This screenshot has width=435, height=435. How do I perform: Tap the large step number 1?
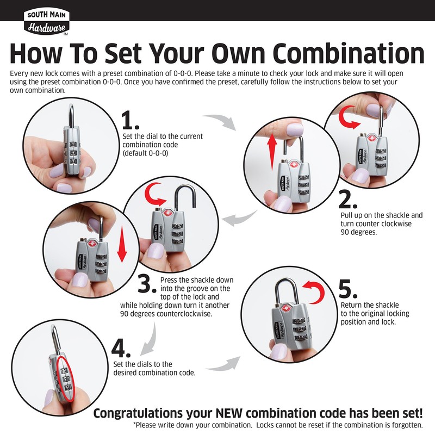(130, 120)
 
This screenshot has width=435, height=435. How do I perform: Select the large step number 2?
(347, 200)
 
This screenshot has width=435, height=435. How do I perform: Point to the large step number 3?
(147, 284)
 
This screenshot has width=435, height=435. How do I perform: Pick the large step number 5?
(348, 289)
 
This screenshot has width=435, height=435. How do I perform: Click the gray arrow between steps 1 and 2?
(221, 121)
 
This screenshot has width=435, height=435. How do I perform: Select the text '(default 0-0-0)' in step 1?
(145, 153)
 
